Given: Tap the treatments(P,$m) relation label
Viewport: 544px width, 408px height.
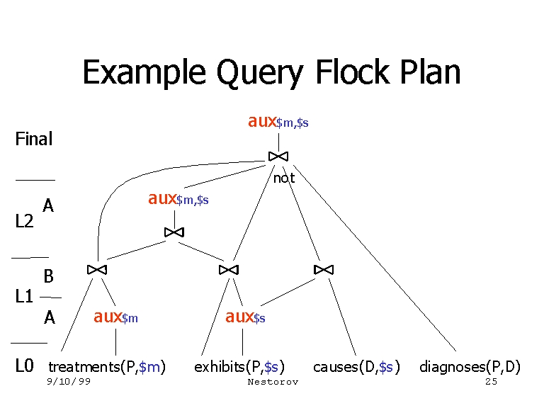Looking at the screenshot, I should click(107, 367).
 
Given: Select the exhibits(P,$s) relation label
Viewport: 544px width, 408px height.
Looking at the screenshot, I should click(239, 367).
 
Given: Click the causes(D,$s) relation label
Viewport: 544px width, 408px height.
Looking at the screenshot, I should click(357, 367).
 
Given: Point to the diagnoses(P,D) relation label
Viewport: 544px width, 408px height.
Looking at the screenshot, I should click(470, 367).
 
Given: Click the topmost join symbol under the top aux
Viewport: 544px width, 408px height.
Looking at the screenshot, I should click(278, 156).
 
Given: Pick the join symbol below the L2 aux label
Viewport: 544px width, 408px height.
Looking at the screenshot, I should click(174, 232).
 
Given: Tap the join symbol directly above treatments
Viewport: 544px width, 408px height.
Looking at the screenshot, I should click(97, 270).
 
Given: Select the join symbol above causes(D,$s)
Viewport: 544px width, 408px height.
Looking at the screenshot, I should click(324, 270).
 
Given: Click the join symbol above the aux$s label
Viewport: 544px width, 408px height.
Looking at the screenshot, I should click(229, 270).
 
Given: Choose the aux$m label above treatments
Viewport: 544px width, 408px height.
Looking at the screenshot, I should click(115, 317).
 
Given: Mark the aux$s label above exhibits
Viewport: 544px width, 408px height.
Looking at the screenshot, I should click(245, 317).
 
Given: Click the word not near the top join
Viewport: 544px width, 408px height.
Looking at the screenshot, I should click(284, 178).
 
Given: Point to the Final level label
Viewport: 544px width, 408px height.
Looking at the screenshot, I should click(34, 140).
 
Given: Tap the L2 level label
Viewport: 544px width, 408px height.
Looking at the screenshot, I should click(25, 222).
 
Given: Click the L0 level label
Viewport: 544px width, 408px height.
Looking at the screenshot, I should click(25, 366).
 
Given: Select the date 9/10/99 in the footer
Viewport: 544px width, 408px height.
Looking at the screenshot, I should click(69, 382).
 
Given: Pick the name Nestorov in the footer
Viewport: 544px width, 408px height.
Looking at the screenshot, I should click(273, 382).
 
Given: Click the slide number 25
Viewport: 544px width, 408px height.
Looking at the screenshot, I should click(492, 382).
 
